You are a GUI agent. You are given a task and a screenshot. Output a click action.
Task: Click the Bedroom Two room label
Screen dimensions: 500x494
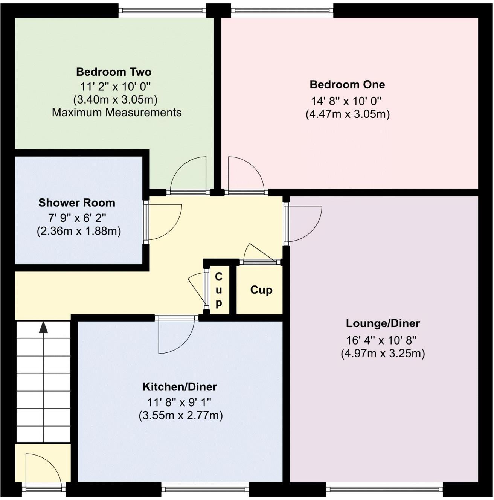pyautogui.click(x=114, y=72)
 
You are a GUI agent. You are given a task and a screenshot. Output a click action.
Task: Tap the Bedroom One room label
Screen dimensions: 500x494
pyautogui.click(x=347, y=85)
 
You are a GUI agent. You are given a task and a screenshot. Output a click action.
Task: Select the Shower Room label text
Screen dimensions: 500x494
pyautogui.click(x=77, y=203)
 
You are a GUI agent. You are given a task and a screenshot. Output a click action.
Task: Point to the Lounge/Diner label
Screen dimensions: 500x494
pyautogui.click(x=383, y=323)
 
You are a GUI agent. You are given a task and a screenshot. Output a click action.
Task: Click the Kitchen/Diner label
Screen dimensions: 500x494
pyautogui.click(x=180, y=387)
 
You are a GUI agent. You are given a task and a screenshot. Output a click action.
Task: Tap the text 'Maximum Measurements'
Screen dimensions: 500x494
pyautogui.click(x=117, y=113)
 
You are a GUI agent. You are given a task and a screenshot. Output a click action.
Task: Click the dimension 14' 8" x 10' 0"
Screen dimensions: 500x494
pyautogui.click(x=346, y=101)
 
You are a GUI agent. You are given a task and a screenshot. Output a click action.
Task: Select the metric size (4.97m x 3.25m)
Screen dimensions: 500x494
pyautogui.click(x=383, y=354)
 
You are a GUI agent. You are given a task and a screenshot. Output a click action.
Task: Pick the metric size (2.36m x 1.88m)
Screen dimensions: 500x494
pyautogui.click(x=79, y=231)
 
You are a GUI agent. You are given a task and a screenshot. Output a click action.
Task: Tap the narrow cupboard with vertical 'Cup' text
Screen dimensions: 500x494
pyautogui.click(x=219, y=290)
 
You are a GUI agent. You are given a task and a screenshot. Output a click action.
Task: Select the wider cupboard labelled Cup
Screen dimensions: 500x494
pyautogui.click(x=261, y=290)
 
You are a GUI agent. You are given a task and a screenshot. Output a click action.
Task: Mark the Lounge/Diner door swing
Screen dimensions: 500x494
pyautogui.click(x=303, y=224)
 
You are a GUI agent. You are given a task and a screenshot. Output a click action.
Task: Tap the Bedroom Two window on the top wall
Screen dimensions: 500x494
pyautogui.click(x=162, y=11)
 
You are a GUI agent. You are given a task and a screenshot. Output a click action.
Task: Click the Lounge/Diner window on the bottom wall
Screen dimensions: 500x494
pyautogui.click(x=384, y=489)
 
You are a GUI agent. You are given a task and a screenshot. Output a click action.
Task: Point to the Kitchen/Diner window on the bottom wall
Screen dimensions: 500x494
pyautogui.click(x=205, y=489)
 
